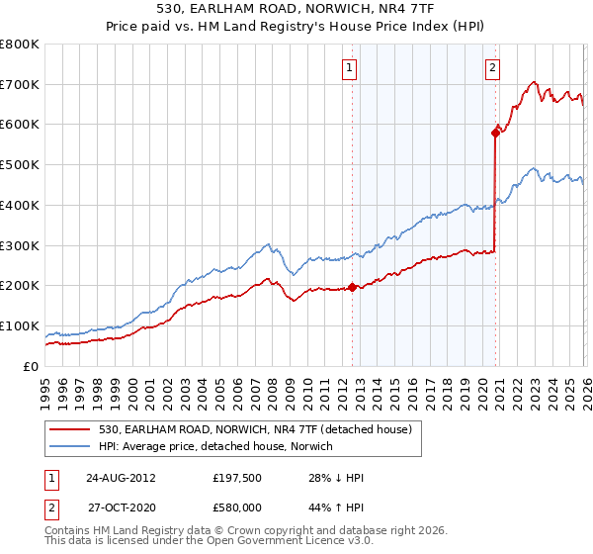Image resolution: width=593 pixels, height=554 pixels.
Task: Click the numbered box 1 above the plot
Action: (351, 68)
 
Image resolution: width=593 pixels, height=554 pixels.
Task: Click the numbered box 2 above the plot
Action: (491, 68)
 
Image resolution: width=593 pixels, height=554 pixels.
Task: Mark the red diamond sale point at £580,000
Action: (495, 133)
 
